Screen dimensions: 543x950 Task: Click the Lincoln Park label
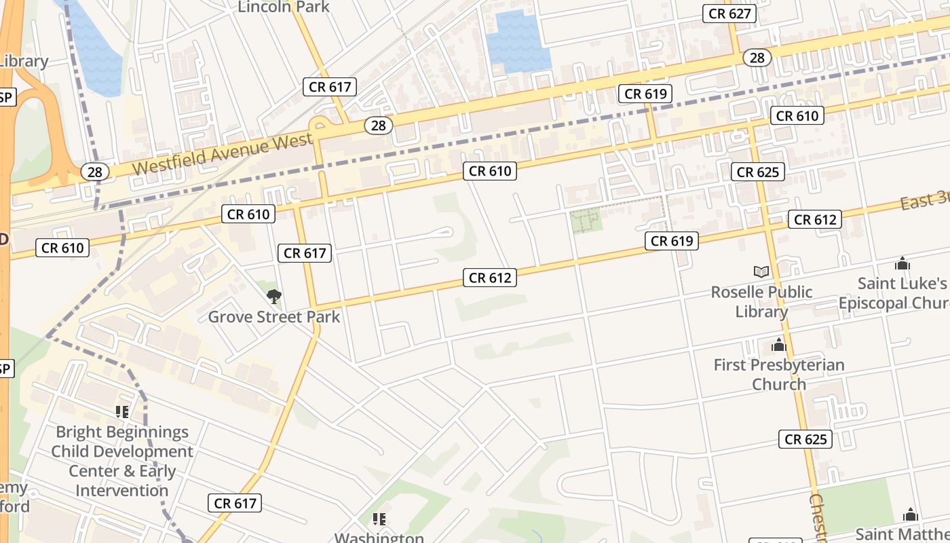click(x=284, y=7)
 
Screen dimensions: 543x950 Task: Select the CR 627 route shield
click(x=729, y=14)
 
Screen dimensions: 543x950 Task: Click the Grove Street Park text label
click(x=274, y=317)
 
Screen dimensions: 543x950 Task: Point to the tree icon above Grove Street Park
click(x=274, y=297)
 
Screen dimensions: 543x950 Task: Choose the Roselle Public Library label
click(x=761, y=302)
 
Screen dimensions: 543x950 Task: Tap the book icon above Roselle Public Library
click(x=761, y=272)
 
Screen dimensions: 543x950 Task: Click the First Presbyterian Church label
click(x=779, y=375)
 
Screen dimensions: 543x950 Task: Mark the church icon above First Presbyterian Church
click(x=779, y=346)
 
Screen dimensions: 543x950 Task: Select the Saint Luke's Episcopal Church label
click(x=894, y=293)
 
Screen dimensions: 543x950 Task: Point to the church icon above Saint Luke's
click(x=902, y=263)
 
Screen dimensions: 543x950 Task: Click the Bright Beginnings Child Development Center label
click(x=122, y=461)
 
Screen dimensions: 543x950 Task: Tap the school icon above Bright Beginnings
click(x=122, y=411)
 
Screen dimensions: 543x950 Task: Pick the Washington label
click(x=379, y=538)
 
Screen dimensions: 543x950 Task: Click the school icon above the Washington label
click(x=379, y=519)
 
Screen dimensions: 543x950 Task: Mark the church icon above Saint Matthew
click(x=911, y=515)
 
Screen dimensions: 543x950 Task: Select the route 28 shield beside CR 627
click(x=757, y=58)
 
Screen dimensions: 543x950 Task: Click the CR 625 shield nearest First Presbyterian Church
click(x=805, y=439)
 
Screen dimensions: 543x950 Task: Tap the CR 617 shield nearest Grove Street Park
click(x=305, y=253)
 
